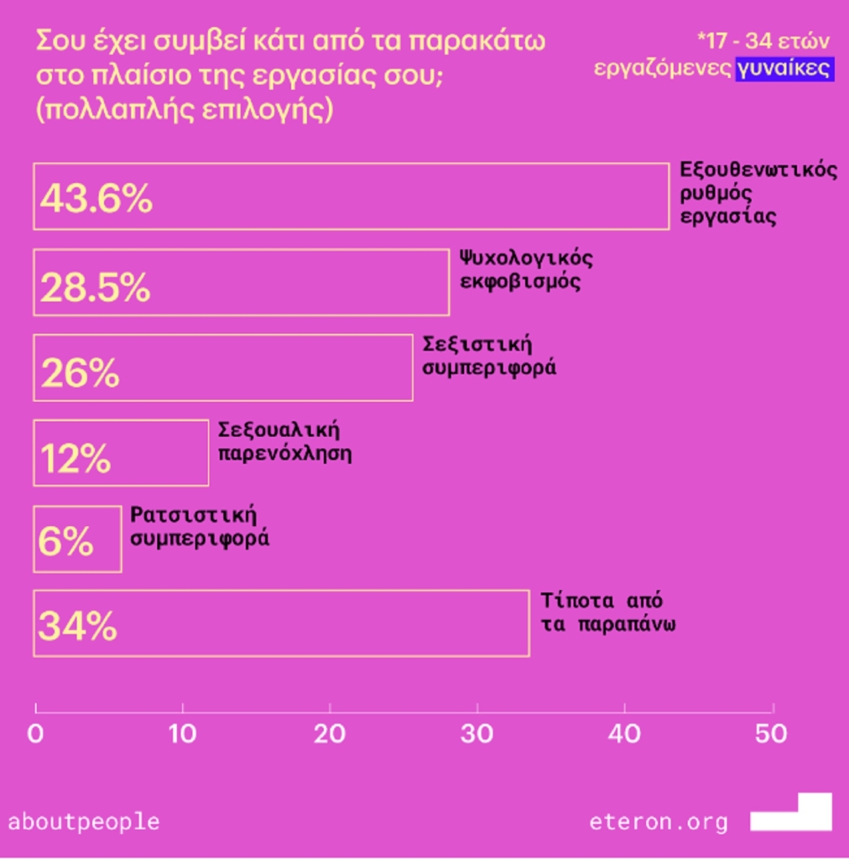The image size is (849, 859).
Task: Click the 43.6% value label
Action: [x=96, y=199]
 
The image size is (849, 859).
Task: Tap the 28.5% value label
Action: [x=95, y=288]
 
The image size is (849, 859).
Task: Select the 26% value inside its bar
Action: [x=80, y=373]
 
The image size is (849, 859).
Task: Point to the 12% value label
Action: [x=76, y=458]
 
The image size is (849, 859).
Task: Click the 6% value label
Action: [x=66, y=543]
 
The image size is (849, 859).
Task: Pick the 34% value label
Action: [x=77, y=627]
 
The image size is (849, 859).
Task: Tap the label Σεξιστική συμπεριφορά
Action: [x=489, y=356]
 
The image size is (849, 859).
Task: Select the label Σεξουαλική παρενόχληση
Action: [x=284, y=442]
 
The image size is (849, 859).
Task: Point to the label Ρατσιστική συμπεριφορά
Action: [x=200, y=527]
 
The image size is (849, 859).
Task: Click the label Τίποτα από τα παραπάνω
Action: [x=608, y=613]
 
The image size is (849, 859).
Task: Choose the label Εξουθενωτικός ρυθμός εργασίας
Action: [x=758, y=193]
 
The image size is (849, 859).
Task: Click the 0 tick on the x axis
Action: [x=35, y=734]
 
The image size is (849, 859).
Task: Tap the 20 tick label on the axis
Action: [x=330, y=734]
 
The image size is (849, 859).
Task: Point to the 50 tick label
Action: [x=771, y=734]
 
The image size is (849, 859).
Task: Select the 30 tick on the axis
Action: [x=477, y=734]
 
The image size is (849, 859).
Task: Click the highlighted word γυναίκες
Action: [x=784, y=68]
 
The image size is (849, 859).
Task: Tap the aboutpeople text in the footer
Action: [x=83, y=820]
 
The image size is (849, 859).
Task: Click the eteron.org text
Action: [x=659, y=821]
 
